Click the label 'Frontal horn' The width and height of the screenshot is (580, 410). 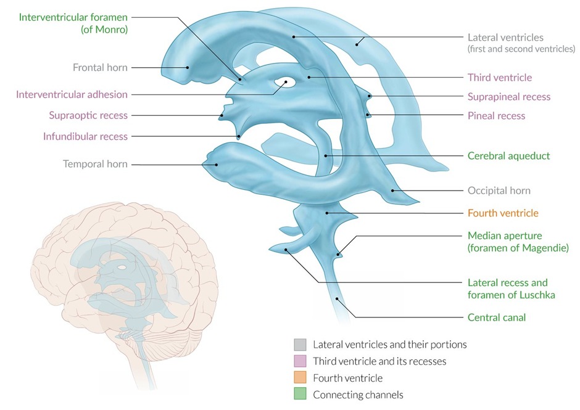point(101,68)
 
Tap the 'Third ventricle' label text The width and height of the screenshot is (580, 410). point(499,78)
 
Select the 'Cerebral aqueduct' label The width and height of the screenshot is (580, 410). point(508,156)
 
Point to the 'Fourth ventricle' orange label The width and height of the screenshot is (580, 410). point(503,213)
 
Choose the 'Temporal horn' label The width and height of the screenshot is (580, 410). point(95,164)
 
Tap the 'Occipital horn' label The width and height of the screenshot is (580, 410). point(499,191)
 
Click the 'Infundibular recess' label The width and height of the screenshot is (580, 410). point(85,136)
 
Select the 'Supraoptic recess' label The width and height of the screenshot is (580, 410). point(88,115)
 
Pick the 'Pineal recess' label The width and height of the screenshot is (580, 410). point(496,115)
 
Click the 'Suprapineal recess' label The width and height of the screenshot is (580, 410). point(508,97)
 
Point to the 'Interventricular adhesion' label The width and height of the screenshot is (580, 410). point(72,94)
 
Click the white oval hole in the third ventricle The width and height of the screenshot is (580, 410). point(287,81)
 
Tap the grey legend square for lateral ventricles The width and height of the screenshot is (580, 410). point(299,344)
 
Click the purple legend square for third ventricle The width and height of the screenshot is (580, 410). point(299,361)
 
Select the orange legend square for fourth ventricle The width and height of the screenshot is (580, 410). point(299,378)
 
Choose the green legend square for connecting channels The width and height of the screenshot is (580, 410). point(299,395)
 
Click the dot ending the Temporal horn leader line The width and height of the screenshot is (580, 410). point(216,164)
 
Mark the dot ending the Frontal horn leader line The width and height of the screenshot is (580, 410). point(187,68)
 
